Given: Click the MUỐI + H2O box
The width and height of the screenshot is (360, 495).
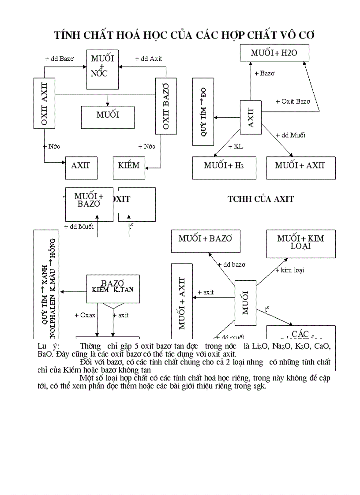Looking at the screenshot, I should pos(274,53).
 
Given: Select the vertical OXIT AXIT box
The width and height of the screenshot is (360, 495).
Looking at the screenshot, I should pos(44,104).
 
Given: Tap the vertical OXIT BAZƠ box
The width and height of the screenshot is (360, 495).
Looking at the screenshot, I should pos(166,106).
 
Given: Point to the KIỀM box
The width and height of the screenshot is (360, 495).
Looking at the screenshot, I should pos(129,166).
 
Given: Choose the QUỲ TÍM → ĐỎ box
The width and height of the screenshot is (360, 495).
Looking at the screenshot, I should pos(203,112).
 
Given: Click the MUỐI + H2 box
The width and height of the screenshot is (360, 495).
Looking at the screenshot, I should pos(224,166).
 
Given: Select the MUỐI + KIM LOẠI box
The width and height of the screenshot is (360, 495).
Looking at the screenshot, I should pos(300,243).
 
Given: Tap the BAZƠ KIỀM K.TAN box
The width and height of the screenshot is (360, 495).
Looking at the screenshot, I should pos(113,287).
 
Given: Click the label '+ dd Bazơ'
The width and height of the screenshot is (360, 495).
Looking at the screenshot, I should pos(60,59).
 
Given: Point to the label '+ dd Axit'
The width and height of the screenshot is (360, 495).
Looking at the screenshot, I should pos(149,59).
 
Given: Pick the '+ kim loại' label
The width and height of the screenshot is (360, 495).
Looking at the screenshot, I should pos(290,270).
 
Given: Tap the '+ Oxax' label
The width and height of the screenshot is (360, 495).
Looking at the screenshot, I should pos(85,315).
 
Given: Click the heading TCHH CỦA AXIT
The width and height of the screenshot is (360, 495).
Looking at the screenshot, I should pos(261,199).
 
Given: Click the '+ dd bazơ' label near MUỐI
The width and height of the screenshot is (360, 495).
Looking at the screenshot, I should pos(232,264).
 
